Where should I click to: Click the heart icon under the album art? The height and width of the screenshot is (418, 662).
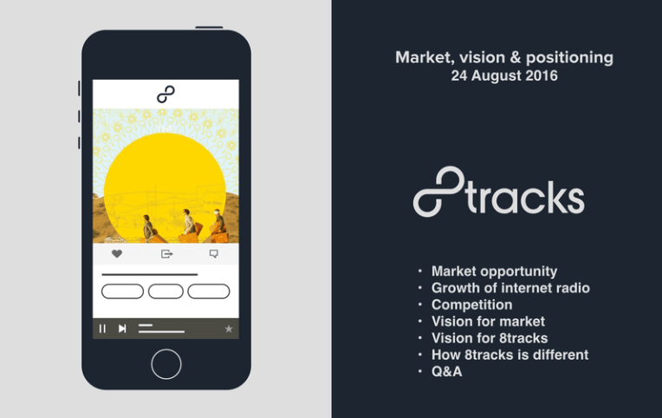117,254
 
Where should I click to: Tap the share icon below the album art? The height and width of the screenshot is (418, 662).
167,254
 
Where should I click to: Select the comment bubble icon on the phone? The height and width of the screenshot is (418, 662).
214,254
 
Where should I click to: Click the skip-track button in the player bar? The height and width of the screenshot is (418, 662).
122,329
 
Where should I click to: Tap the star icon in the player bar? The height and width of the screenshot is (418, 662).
229,329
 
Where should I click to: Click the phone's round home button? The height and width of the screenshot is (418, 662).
165,364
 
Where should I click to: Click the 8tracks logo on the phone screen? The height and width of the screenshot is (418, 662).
165,94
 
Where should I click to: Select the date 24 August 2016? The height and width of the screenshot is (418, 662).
503,76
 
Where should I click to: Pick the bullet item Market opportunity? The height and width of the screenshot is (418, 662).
494,271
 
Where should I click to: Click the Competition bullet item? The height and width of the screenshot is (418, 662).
471,304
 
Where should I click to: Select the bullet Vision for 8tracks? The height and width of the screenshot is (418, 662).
490,338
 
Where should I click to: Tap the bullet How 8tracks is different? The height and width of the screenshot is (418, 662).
509,355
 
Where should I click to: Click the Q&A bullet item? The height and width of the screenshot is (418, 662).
446,371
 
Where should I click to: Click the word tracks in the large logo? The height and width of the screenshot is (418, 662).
526,197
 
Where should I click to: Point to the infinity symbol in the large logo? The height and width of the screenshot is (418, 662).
439,192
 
